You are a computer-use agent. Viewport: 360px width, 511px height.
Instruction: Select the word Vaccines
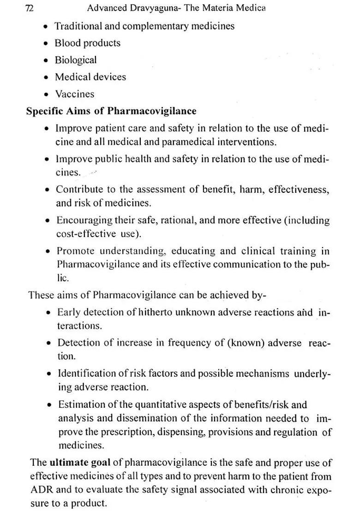pyautogui.click(x=75, y=94)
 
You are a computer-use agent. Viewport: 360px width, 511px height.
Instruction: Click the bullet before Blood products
pyautogui.click(x=46, y=44)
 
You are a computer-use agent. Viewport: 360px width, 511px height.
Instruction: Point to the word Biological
pyautogui.click(x=76, y=60)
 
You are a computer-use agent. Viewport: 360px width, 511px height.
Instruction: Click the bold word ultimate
pyautogui.click(x=69, y=463)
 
